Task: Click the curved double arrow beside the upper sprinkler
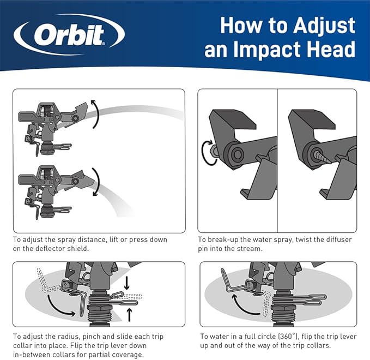(x=95, y=113)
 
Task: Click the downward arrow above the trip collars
(x=127, y=283)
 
